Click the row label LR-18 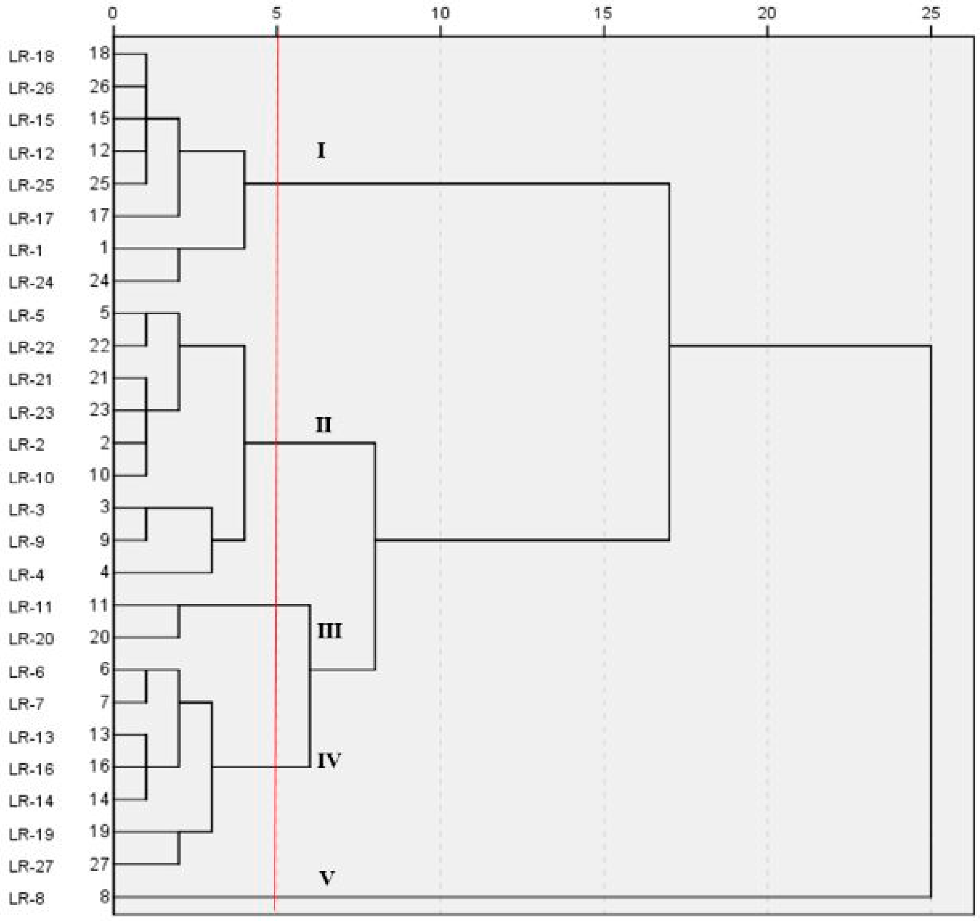point(31,57)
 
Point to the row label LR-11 point(31,607)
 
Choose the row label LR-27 point(31,866)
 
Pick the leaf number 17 point(99,215)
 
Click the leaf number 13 point(99,735)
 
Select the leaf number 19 point(99,832)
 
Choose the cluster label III point(329,631)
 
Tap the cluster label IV point(329,761)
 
